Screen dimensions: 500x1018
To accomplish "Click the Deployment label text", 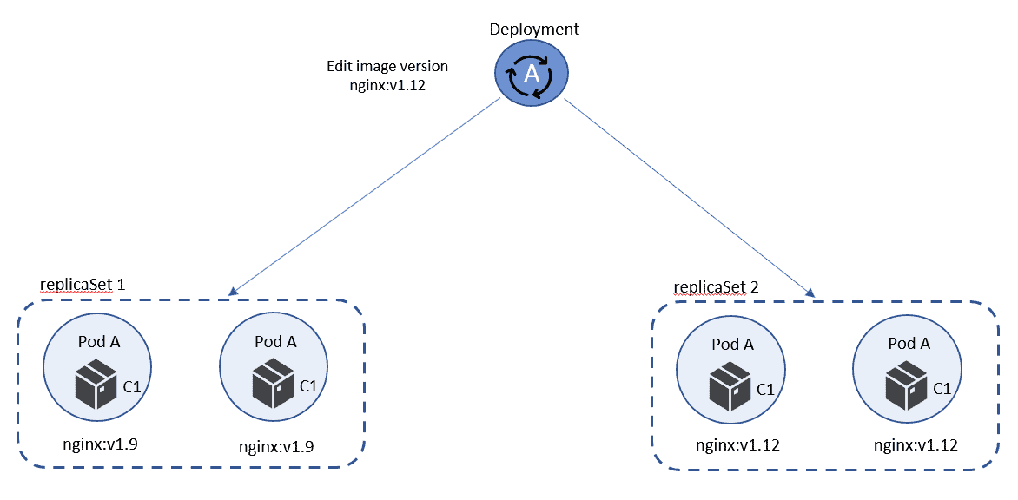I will (534, 30).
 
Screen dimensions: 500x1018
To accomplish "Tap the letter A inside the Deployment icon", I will (532, 78).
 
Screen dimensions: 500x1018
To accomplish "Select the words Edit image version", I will (387, 66).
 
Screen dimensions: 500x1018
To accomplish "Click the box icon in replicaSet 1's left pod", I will (96, 386).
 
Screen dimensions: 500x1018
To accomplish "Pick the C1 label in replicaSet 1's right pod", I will (308, 386).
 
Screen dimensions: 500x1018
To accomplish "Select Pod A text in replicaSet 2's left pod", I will (732, 345).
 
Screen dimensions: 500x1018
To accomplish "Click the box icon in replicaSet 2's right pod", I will (907, 386).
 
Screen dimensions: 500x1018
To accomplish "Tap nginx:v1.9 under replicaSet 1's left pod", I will (101, 444).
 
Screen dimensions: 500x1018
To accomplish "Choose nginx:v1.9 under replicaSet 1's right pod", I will (276, 446).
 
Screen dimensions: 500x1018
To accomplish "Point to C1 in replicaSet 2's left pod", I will (765, 390).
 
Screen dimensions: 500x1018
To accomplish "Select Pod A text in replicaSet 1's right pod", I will (275, 342).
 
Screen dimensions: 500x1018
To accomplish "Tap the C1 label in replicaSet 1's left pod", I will (131, 386).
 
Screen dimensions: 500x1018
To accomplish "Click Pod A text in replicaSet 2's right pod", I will (909, 344).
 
